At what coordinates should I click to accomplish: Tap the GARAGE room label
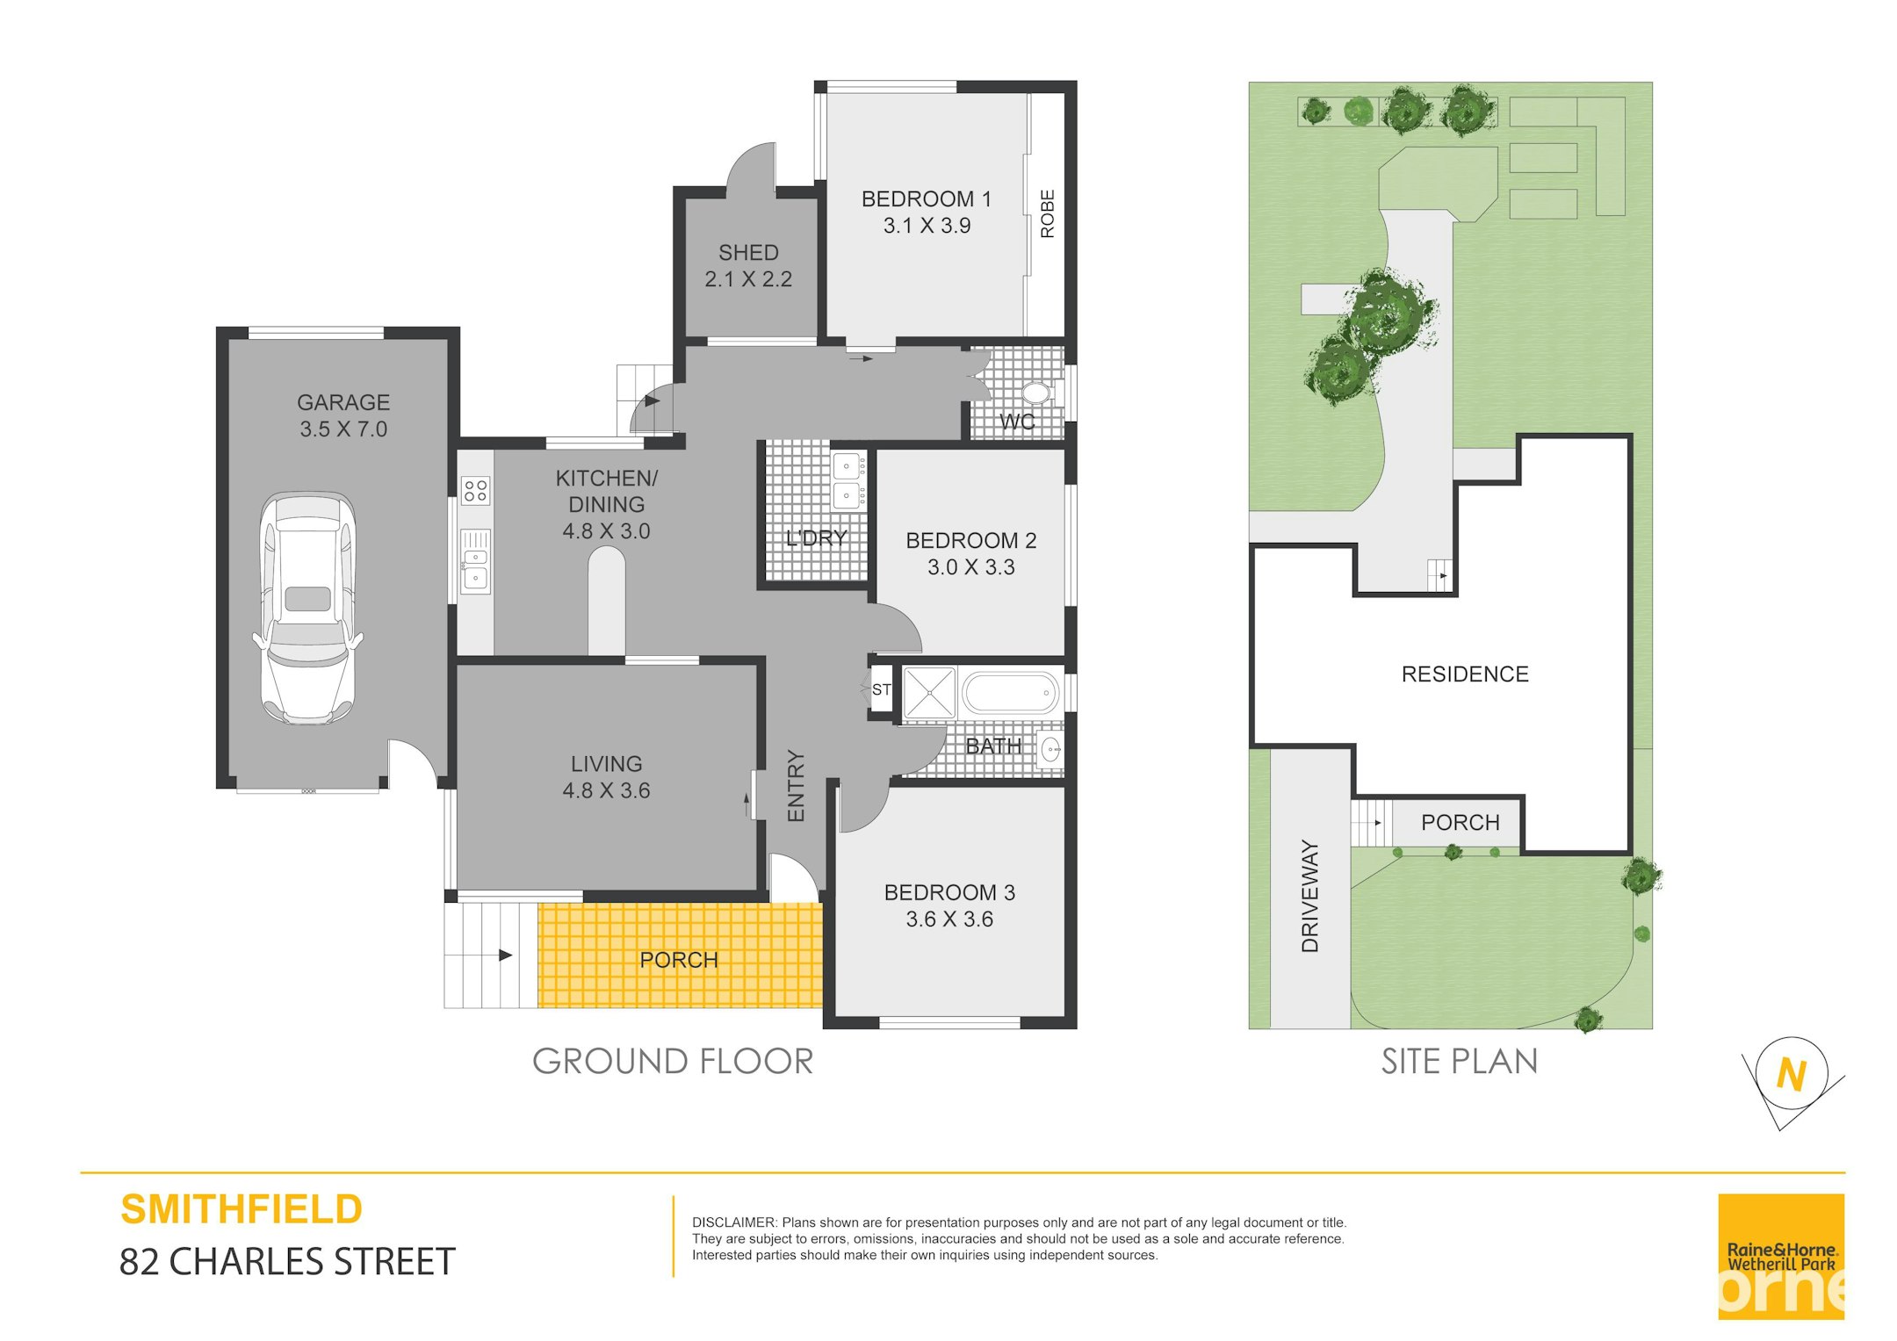tap(343, 402)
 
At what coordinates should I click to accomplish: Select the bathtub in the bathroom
tap(1011, 693)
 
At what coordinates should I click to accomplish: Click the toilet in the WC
tap(1036, 392)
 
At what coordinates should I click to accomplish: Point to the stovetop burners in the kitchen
tap(476, 490)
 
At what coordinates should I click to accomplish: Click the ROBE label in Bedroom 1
tap(1047, 213)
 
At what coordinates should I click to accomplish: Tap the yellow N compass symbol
tap(1791, 1074)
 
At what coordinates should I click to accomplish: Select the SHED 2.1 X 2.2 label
tap(748, 265)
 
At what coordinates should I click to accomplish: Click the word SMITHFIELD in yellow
tap(242, 1209)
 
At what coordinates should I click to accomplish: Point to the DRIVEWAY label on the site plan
tap(1310, 896)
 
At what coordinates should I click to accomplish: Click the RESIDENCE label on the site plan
tap(1465, 674)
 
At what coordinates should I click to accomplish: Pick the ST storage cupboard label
tap(881, 690)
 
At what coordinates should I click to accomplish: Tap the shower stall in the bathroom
tap(929, 693)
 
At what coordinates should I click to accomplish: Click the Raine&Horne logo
tap(1781, 1256)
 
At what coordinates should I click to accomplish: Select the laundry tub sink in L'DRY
tap(848, 480)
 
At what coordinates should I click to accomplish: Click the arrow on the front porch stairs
tap(504, 955)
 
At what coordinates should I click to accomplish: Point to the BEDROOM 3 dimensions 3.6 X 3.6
tap(949, 919)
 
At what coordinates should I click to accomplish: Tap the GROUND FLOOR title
tap(673, 1062)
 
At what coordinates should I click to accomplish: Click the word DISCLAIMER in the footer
tap(734, 1222)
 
